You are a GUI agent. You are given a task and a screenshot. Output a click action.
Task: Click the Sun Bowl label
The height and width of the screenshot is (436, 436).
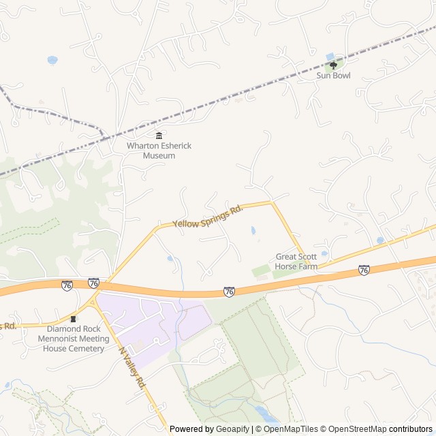pos(333,76)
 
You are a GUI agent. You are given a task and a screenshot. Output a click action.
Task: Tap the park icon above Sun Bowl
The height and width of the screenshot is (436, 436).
pos(333,65)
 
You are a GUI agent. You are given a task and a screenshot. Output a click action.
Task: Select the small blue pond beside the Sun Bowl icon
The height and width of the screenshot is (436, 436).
pos(330,57)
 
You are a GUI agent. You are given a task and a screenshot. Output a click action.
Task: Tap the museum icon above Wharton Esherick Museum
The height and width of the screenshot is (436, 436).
pos(159,135)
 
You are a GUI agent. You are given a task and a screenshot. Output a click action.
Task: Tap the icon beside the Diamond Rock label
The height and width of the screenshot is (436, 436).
pos(74,319)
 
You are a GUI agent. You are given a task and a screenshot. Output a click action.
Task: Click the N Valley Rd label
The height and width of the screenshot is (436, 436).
pos(133,369)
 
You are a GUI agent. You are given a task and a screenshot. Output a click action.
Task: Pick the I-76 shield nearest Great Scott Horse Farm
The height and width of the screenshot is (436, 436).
pos(364,270)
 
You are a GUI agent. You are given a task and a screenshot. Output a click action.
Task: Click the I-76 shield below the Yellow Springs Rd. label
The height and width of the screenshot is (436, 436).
pos(229,292)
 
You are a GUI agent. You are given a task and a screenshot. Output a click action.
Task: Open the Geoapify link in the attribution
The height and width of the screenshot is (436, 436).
pos(233,429)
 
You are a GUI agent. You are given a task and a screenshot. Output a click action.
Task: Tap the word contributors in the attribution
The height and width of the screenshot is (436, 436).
pos(411,429)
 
